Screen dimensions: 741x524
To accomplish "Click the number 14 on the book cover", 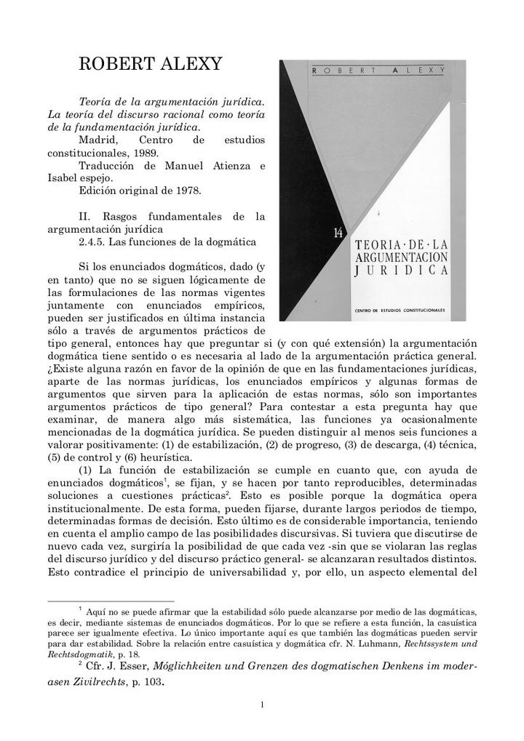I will coord(338,233).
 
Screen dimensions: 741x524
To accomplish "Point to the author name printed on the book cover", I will coord(378,70).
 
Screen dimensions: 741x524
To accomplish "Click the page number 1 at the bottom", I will coord(262,704).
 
